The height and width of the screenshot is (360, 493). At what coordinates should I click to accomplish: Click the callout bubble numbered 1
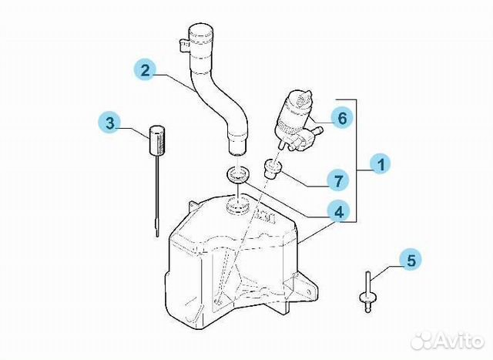click(x=380, y=164)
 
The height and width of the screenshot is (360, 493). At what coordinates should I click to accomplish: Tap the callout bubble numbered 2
click(x=146, y=70)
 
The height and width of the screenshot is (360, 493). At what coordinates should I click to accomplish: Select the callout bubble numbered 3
click(x=109, y=123)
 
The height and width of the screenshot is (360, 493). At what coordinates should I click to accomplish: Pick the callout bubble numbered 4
click(x=338, y=213)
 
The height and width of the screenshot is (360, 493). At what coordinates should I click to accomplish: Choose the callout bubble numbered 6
click(x=342, y=118)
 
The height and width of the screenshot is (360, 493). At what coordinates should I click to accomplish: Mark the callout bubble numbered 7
click(x=338, y=180)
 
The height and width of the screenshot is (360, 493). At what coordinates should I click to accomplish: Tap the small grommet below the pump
click(x=273, y=168)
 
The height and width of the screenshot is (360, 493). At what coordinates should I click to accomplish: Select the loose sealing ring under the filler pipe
click(x=238, y=175)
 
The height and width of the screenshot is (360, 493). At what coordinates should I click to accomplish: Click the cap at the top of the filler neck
click(x=201, y=34)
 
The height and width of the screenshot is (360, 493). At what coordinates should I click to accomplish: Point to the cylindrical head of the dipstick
click(x=156, y=140)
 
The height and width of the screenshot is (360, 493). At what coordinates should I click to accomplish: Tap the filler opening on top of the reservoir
click(x=238, y=206)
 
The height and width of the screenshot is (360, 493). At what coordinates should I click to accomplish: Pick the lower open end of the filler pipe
click(x=236, y=152)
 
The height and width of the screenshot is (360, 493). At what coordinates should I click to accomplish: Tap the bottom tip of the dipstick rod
click(x=157, y=235)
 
